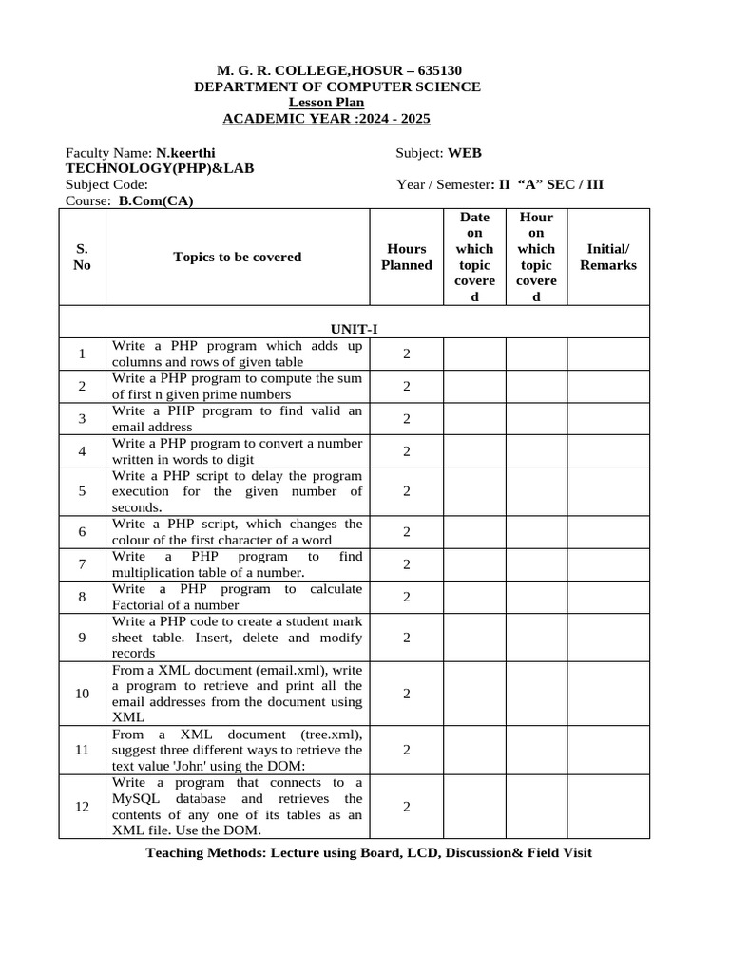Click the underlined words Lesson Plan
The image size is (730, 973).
coord(326,103)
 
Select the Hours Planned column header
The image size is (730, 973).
coord(406,257)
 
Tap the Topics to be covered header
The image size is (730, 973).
coord(237,257)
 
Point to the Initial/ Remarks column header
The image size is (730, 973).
coord(608,257)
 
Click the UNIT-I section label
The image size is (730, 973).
coord(355,329)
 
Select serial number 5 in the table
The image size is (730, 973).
coord(83,491)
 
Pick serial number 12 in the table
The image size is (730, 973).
coord(83,807)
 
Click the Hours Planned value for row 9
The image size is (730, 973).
coord(406,638)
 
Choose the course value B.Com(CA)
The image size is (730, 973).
coord(163,200)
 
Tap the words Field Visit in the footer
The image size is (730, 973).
coord(558,852)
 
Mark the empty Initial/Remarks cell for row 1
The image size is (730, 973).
coord(608,353)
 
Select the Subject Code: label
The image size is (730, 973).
coord(106,184)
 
